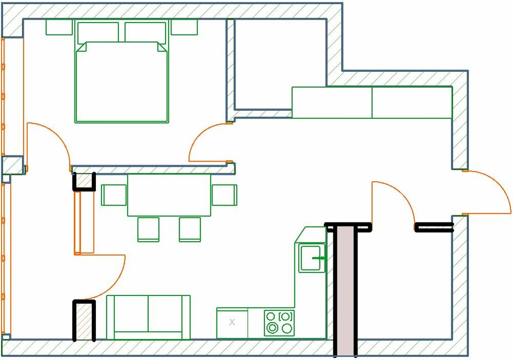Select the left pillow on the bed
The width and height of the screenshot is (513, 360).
[98, 32]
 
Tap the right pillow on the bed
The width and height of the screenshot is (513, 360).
[145, 32]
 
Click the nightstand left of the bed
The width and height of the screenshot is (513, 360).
[59, 27]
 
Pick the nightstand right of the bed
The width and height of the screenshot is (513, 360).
[184, 27]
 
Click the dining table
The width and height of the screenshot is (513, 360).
[169, 195]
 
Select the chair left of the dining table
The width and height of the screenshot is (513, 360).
[114, 195]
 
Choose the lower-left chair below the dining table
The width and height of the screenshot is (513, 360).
[148, 229]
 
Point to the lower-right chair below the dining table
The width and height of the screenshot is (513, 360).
[190, 229]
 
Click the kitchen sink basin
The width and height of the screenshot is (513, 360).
[311, 257]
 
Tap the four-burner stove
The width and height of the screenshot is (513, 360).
[279, 323]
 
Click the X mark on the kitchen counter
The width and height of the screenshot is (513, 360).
[232, 323]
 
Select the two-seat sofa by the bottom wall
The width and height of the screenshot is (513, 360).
[148, 317]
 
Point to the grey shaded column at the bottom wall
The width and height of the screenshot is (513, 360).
[345, 292]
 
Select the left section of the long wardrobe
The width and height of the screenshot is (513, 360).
[332, 103]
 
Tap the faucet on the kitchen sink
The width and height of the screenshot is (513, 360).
[320, 258]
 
